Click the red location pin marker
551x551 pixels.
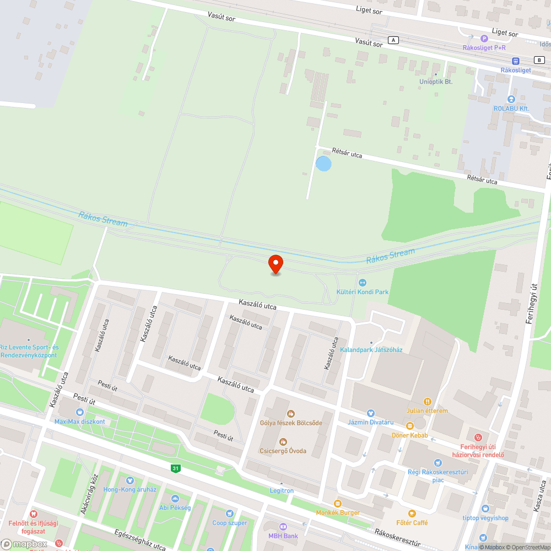pyautogui.click(x=275, y=263)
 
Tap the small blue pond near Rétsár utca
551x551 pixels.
pyautogui.click(x=323, y=164)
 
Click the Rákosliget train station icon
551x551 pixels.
pyautogui.click(x=516, y=61)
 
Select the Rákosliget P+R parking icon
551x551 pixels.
pyautogui.click(x=484, y=38)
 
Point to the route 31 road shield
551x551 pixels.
pyautogui.click(x=175, y=468)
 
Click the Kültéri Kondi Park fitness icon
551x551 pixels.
pyautogui.click(x=363, y=283)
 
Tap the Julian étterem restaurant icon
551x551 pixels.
pyautogui.click(x=427, y=402)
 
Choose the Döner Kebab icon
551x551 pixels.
pyautogui.click(x=409, y=425)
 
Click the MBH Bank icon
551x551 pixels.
pyautogui.click(x=283, y=527)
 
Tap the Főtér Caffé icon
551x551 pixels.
pyautogui.click(x=412, y=514)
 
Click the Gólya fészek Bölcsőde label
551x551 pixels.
pyautogui.click(x=291, y=423)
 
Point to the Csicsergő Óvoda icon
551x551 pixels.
pyautogui.click(x=283, y=441)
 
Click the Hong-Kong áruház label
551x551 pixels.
pyautogui.click(x=130, y=489)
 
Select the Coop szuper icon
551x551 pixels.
pyautogui.click(x=230, y=514)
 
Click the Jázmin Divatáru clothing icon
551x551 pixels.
pyautogui.click(x=371, y=413)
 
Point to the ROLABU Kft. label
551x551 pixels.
pyautogui.click(x=511, y=109)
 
